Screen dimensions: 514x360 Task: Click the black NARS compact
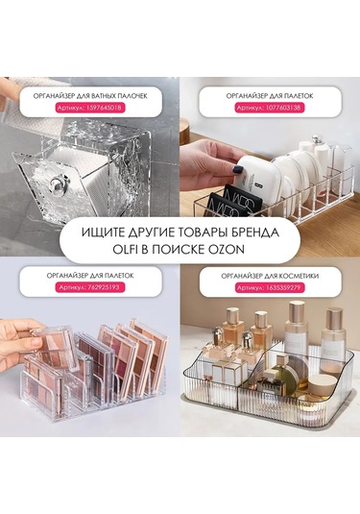(x=236, y=198)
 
